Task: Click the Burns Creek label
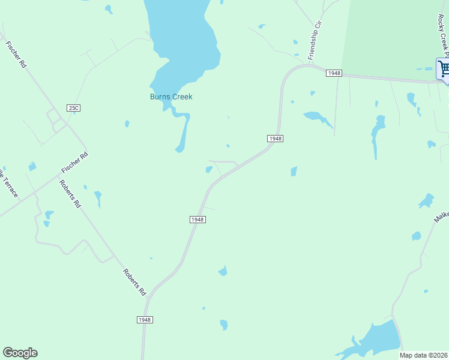[x=171, y=97]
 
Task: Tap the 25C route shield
[x=73, y=108]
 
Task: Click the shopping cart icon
[x=444, y=68]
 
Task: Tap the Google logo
[x=20, y=353]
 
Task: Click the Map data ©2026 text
[x=424, y=355]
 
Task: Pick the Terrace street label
[x=8, y=183]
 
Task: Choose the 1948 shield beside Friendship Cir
[x=334, y=73]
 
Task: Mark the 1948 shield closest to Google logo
[x=145, y=320]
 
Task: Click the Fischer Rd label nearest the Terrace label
[x=74, y=163]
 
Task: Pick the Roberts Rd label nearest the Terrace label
[x=70, y=193]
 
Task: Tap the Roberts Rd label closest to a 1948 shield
[x=134, y=282]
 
